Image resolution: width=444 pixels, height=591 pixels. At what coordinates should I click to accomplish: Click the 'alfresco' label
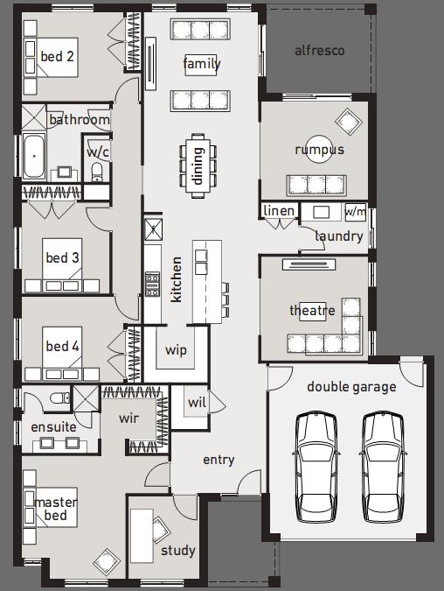pos(320,51)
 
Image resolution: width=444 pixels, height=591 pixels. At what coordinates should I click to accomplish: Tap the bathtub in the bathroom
pos(34,156)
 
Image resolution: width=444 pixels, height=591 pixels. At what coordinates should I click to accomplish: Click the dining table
pos(198,165)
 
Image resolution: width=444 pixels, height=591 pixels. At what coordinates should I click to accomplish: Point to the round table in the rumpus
pos(319,149)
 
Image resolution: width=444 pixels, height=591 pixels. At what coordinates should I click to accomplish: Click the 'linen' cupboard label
pos(279,211)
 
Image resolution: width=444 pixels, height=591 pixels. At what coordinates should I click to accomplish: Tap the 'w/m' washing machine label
pos(355,211)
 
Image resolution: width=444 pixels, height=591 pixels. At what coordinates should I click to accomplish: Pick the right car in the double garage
pos(383,468)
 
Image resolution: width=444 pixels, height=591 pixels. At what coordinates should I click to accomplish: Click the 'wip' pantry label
pos(176,350)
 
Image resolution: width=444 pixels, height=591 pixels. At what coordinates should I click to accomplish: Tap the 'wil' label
pos(197,402)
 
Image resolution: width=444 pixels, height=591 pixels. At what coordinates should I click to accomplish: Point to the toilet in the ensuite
pos(59,398)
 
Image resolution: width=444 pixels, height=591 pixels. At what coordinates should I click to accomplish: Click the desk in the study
pos(142,536)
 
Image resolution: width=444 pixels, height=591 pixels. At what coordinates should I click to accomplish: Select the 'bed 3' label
pos(62,257)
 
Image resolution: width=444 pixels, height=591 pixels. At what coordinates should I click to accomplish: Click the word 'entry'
pos(219,460)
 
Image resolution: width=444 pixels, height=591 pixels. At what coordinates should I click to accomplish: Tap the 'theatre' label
pos(312,310)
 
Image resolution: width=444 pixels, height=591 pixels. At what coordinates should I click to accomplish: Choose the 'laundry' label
pos(339,236)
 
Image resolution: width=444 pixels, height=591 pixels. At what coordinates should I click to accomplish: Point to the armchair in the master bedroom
pos(107,561)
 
